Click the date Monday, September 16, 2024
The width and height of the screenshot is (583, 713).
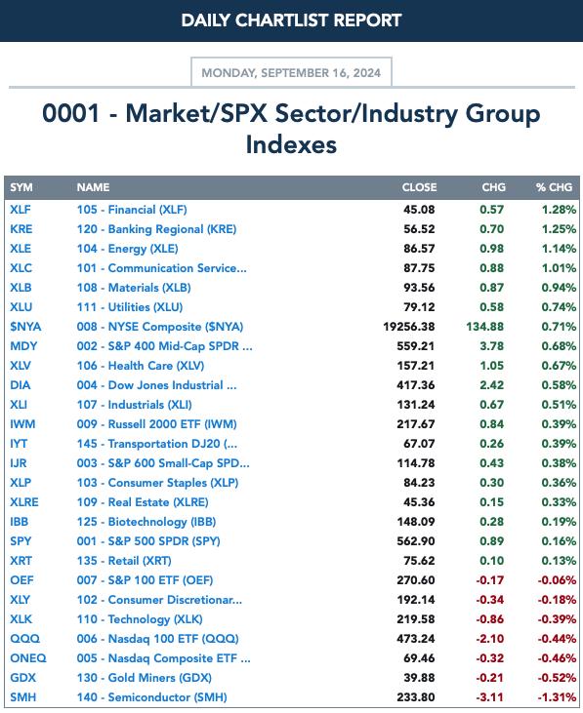pos(291,73)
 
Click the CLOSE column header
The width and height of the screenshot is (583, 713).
pos(419,187)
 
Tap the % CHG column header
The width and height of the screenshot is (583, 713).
pos(554,187)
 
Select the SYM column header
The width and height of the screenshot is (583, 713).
pos(21,187)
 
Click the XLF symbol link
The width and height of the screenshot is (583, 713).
pos(21,210)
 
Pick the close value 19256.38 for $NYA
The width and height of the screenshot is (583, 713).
pos(409,327)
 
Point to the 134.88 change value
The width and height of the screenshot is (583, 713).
pos(484,327)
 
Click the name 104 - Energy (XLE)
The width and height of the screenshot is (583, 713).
pos(127,249)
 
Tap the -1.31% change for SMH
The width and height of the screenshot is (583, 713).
pos(557,697)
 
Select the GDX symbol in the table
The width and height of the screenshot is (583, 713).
pos(22,678)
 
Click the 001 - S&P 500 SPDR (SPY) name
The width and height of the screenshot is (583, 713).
pos(148,541)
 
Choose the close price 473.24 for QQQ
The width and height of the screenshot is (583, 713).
pos(415,639)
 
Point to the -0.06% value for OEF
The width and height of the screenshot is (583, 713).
pos(557,580)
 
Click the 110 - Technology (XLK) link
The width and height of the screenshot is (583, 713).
pos(140,619)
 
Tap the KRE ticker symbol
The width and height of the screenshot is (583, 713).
pos(21,229)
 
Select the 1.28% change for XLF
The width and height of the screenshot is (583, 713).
pos(559,210)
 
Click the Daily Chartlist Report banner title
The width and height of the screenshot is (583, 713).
pos(291,20)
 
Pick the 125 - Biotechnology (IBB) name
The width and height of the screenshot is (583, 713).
pos(146,522)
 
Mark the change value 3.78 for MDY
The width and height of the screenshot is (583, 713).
pos(491,346)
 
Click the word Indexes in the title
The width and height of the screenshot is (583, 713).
pos(291,144)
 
